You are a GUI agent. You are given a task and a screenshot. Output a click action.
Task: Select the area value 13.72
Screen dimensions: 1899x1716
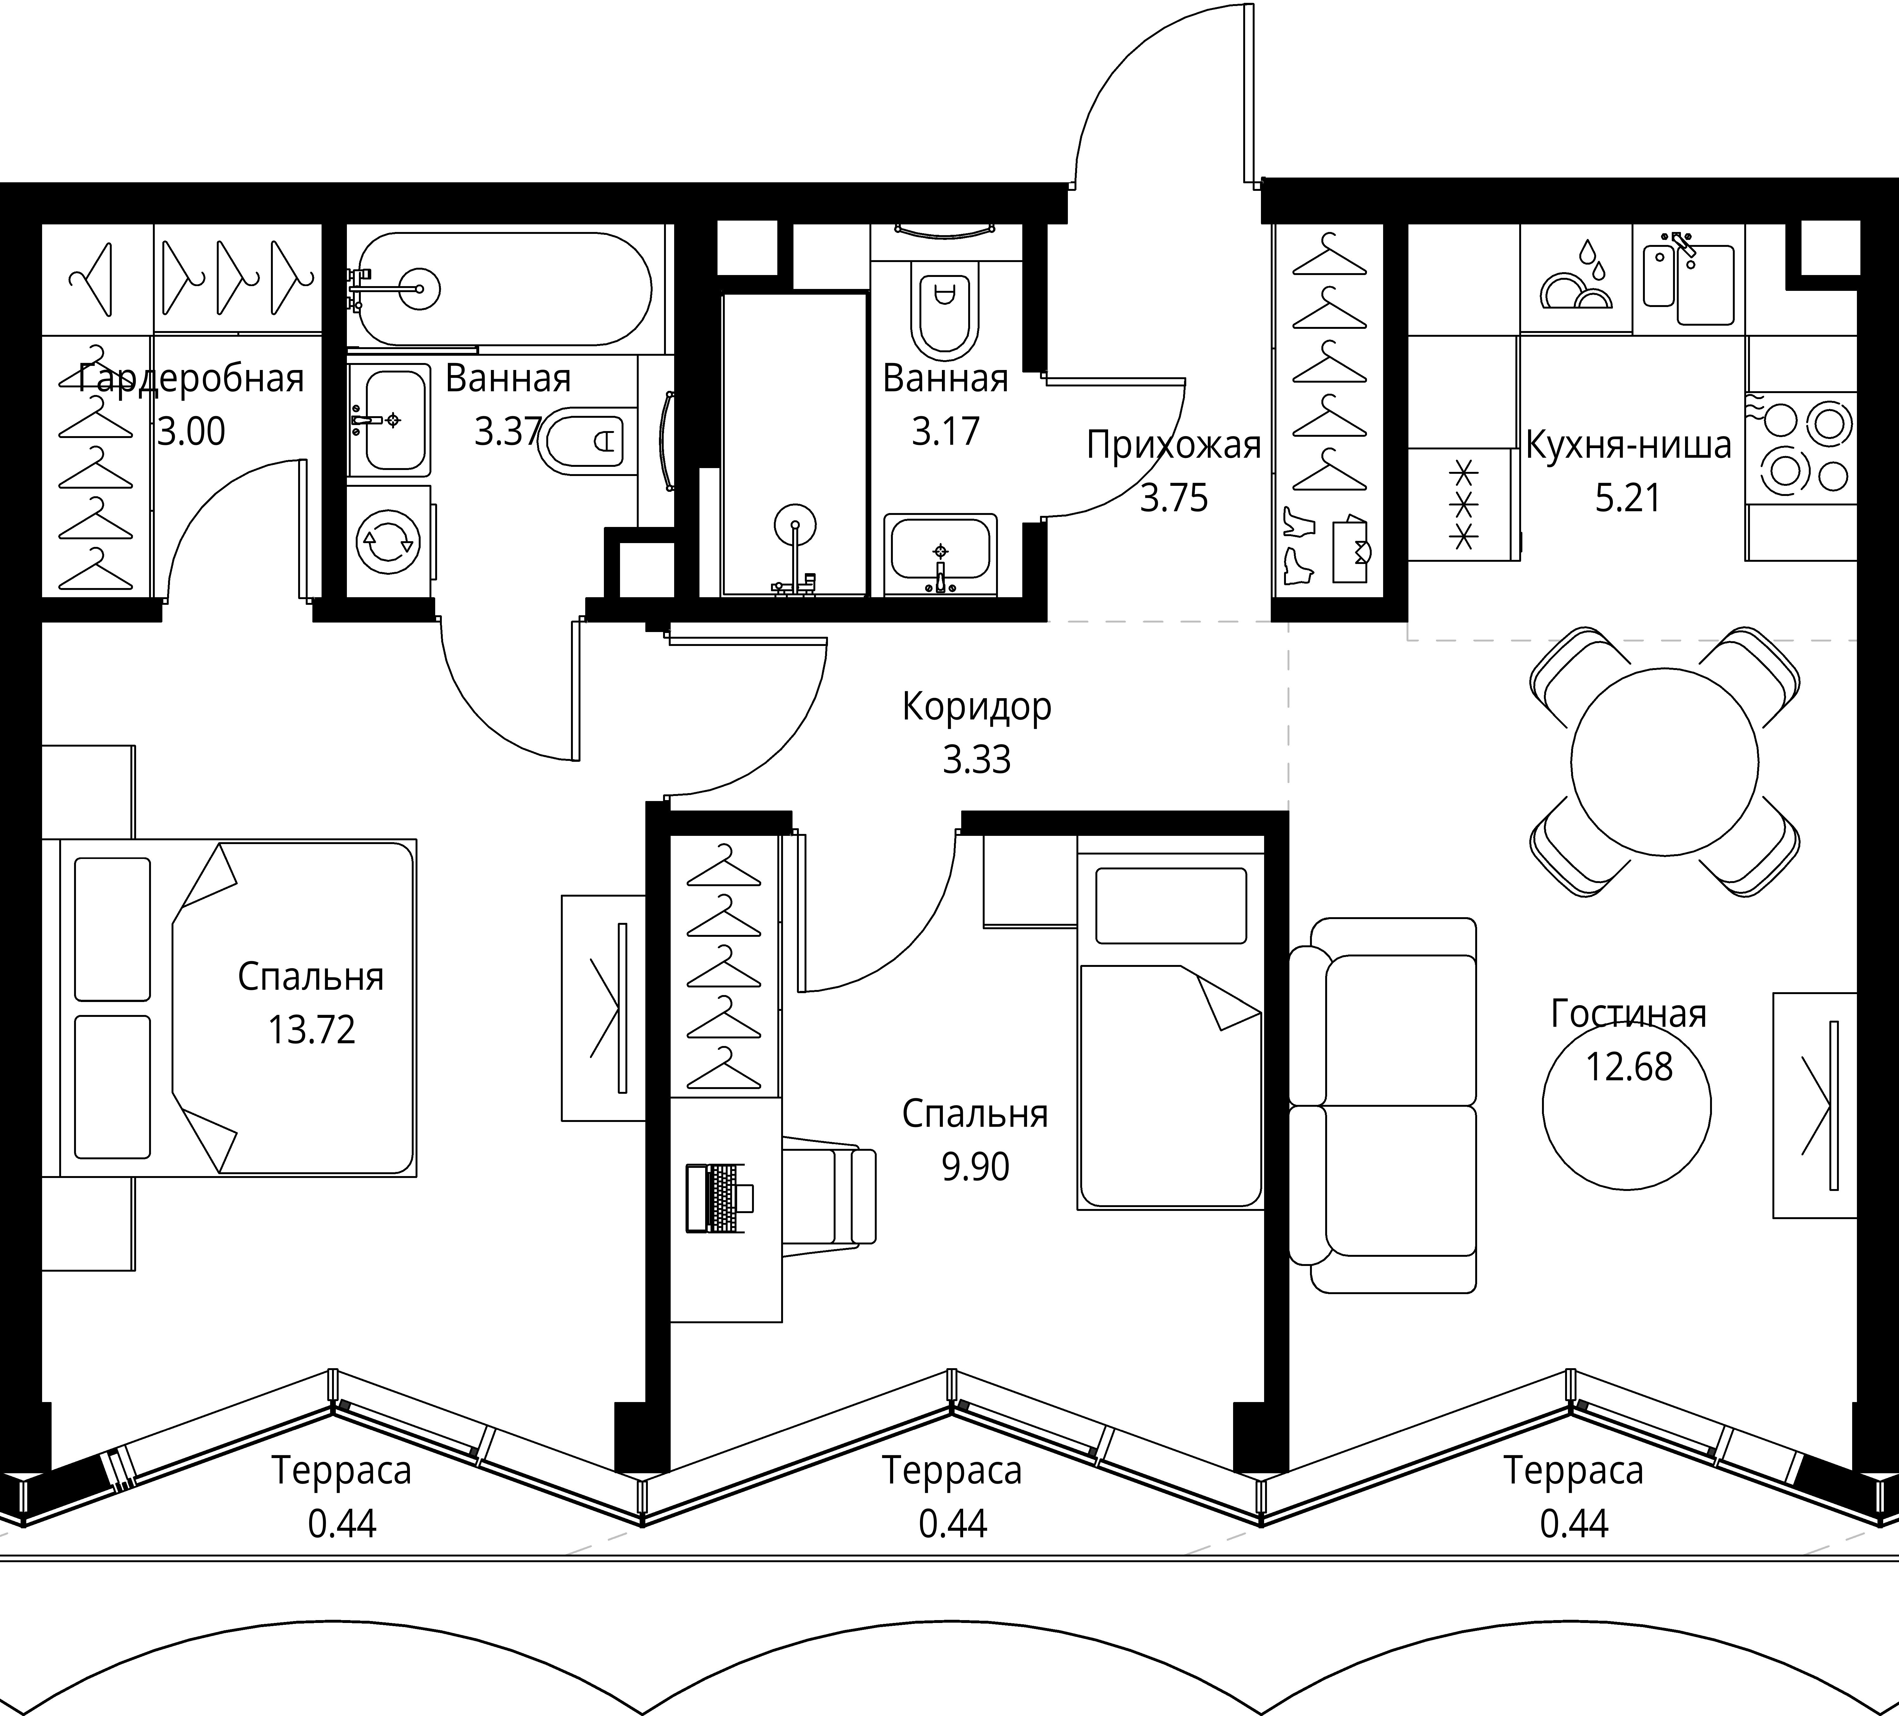(x=311, y=1030)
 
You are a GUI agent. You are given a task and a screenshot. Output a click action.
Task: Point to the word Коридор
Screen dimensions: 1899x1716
(x=977, y=706)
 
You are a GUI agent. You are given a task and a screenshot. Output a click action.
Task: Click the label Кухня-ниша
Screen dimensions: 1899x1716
(x=1628, y=445)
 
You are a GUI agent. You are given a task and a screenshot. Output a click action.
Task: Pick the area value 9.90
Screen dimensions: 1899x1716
(x=975, y=1167)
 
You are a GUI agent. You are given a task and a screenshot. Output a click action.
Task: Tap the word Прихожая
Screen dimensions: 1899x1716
(x=1174, y=445)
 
